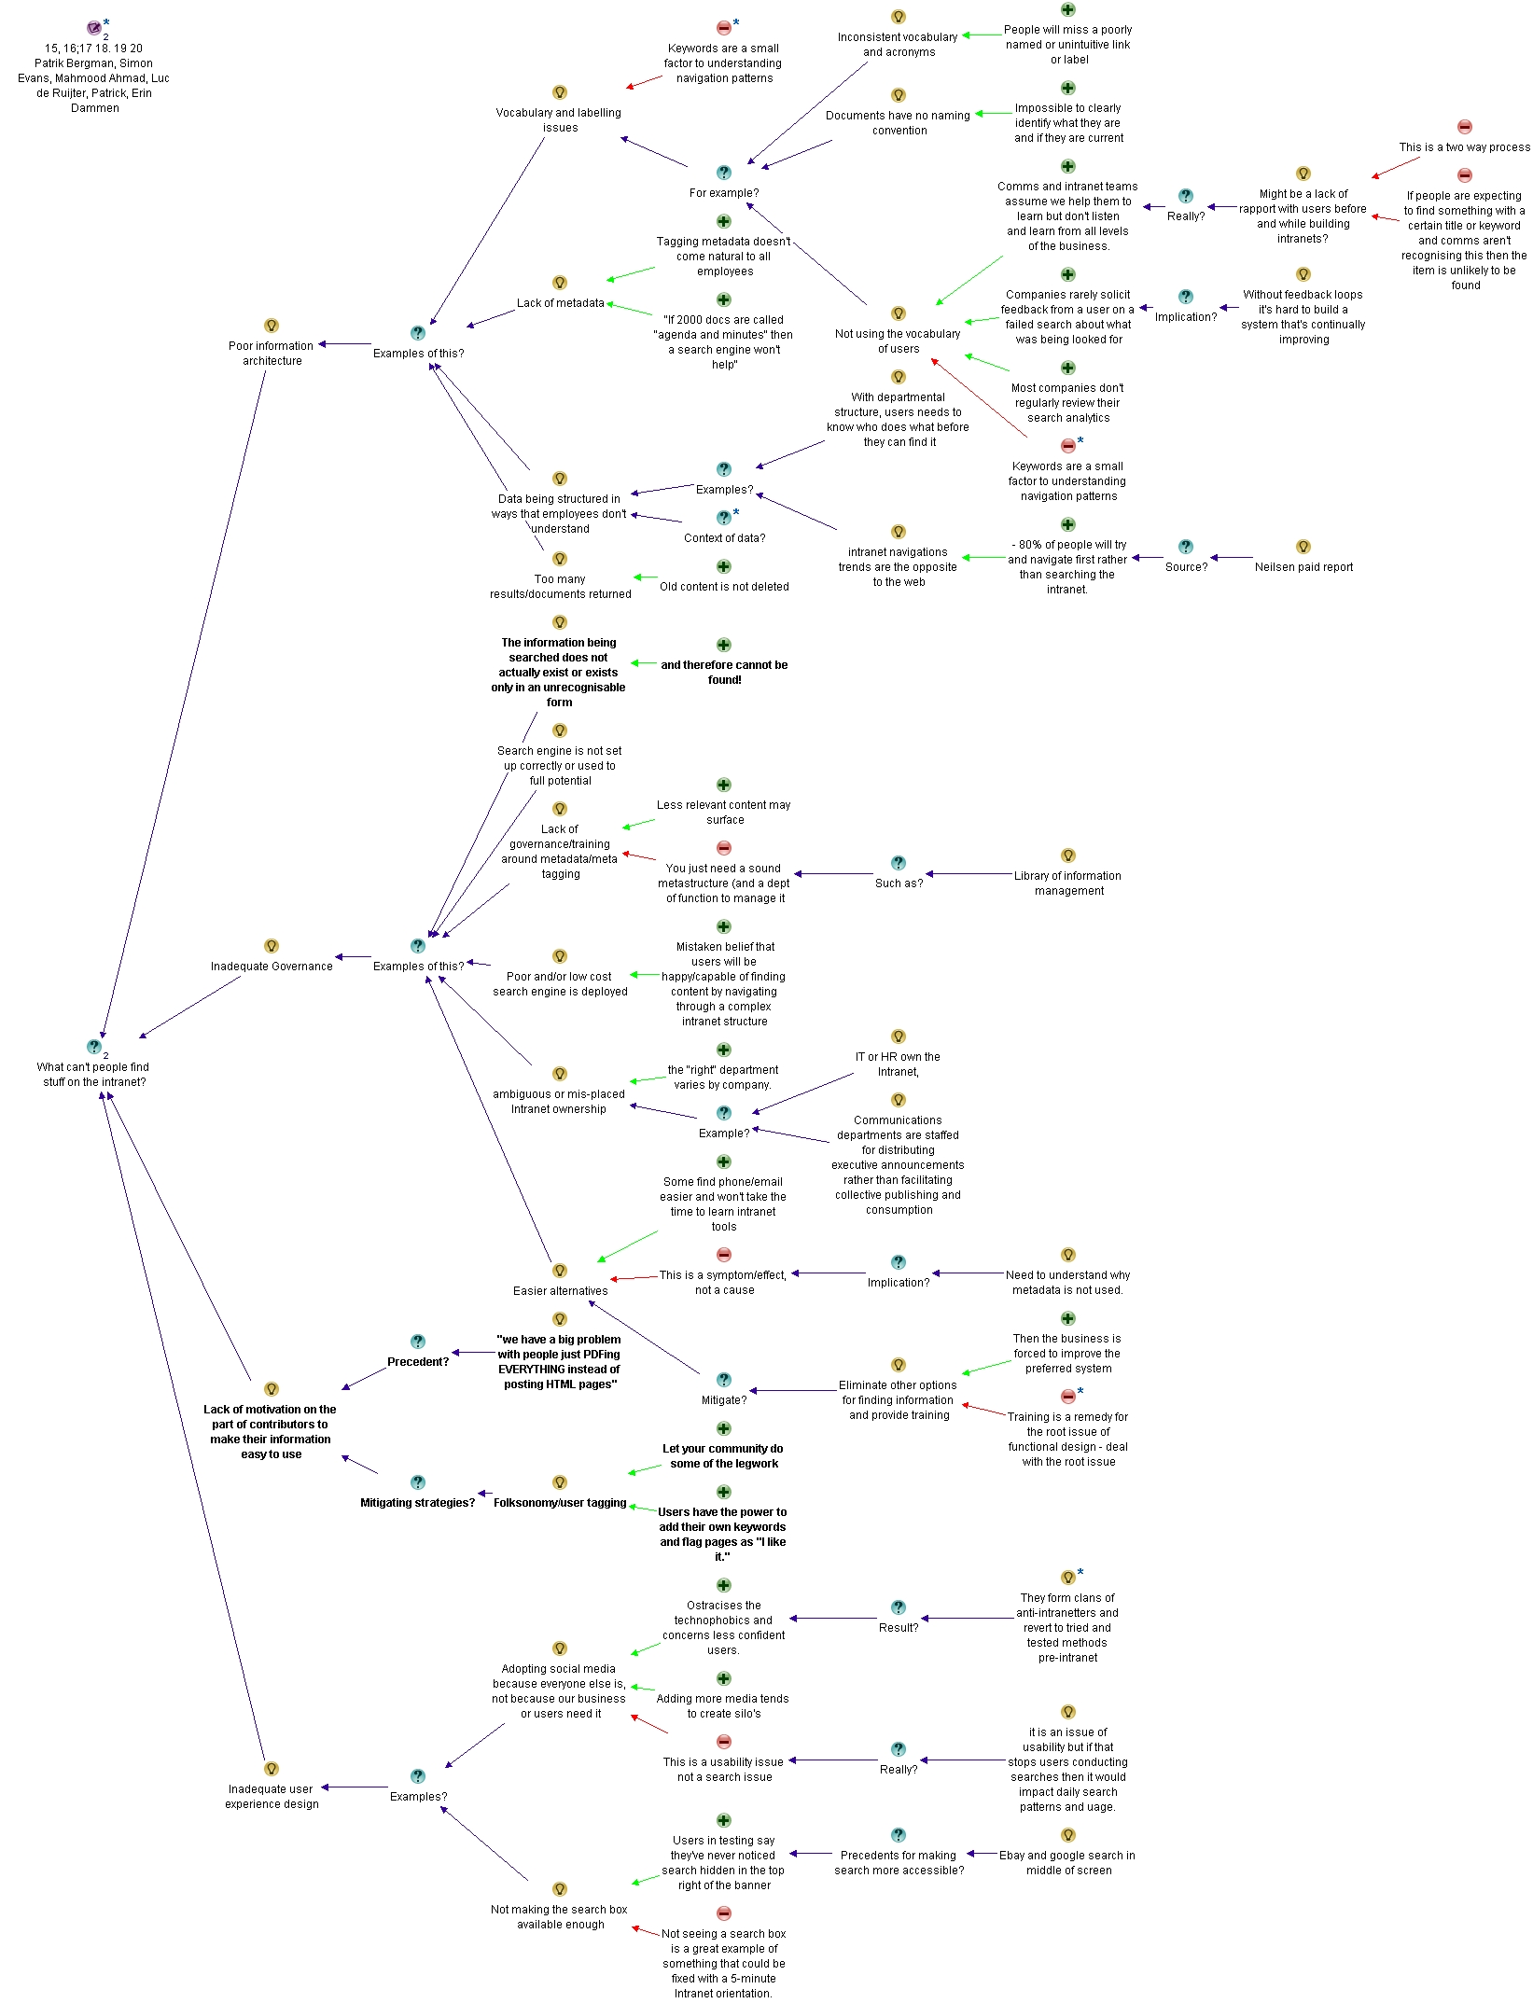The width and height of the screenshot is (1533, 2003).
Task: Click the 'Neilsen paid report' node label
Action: (1303, 567)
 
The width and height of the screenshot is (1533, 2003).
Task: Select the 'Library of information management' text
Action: (1068, 883)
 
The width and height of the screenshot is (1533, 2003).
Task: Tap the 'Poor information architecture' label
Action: (272, 354)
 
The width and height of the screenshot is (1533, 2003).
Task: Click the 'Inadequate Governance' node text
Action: (272, 967)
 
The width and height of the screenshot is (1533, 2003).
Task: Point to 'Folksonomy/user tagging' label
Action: (560, 1503)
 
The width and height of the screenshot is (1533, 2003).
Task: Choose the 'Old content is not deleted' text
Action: (724, 587)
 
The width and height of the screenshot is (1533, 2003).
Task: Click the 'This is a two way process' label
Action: (1465, 147)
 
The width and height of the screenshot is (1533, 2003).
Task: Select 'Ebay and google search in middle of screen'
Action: (1067, 1863)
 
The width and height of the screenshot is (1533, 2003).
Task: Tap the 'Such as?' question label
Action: (899, 883)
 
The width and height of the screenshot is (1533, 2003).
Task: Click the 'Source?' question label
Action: (1186, 567)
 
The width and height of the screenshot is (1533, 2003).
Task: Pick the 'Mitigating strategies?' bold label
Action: (417, 1503)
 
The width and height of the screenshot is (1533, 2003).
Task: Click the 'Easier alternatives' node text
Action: (560, 1291)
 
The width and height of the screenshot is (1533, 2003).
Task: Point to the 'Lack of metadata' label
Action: (560, 303)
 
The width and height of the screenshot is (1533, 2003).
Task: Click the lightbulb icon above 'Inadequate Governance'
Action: (272, 946)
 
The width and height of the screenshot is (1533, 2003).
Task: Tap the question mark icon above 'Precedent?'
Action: (418, 1342)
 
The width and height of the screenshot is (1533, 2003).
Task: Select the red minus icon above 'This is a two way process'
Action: (1465, 127)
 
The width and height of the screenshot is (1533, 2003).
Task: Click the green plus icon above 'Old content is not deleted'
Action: (724, 566)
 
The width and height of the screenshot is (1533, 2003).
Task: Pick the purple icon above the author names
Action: (94, 28)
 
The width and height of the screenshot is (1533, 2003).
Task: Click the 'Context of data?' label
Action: (724, 538)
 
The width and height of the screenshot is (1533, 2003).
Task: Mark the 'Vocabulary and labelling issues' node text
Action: (559, 120)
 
